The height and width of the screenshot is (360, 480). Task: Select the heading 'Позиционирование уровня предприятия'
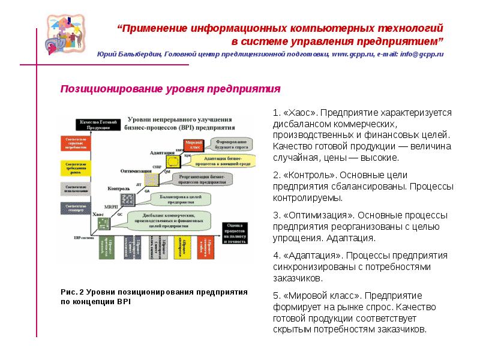pyautogui.click(x=170, y=89)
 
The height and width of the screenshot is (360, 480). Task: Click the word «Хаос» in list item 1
pyautogui.click(x=300, y=113)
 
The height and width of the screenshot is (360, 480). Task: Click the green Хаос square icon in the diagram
pyautogui.click(x=103, y=223)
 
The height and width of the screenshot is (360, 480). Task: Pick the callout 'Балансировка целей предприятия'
pyautogui.click(x=180, y=199)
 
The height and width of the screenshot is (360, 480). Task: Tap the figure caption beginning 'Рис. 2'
pyautogui.click(x=155, y=296)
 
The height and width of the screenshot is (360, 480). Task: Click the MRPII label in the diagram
pyautogui.click(x=112, y=207)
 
